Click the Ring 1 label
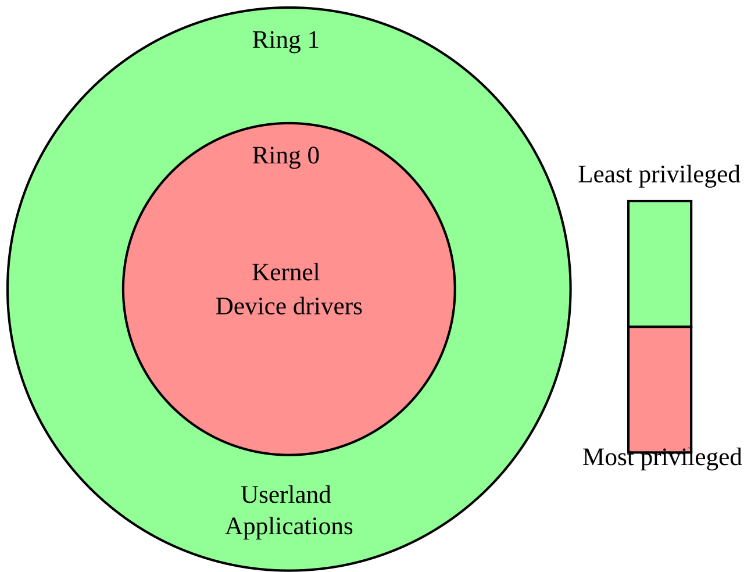pyautogui.click(x=285, y=40)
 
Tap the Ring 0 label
pyautogui.click(x=285, y=156)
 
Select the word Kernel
pyautogui.click(x=285, y=273)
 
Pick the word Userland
pyautogui.click(x=285, y=495)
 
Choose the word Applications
pyautogui.click(x=289, y=527)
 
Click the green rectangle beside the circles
pyautogui.click(x=660, y=263)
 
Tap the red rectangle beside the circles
pyautogui.click(x=660, y=388)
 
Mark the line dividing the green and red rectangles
pyautogui.click(x=660, y=327)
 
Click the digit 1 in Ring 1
pyautogui.click(x=313, y=40)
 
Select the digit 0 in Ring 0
pyautogui.click(x=313, y=156)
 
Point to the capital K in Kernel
pyautogui.click(x=259, y=273)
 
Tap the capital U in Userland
pyautogui.click(x=249, y=495)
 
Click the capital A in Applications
pyautogui.click(x=234, y=527)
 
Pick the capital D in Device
pyautogui.click(x=224, y=306)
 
